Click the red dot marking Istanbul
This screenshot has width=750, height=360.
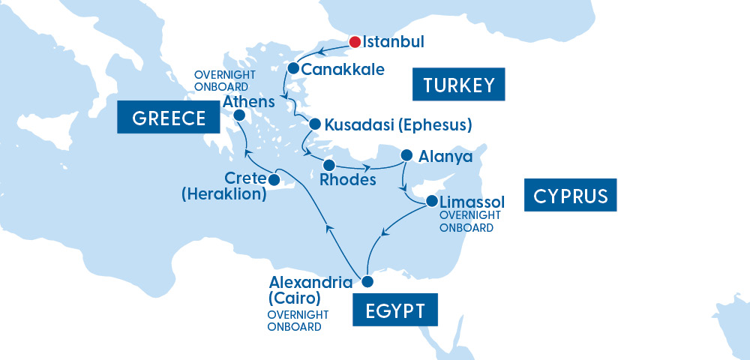coord(355,41)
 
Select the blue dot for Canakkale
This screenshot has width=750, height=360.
coord(294,69)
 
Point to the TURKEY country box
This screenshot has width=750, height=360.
coord(459,85)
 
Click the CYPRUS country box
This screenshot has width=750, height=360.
coord(570,196)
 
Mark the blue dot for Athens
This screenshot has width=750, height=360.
coord(240,115)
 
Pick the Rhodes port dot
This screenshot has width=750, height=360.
coord(328,164)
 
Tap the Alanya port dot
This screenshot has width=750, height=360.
coord(407,155)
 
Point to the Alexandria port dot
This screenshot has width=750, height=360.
coord(367,282)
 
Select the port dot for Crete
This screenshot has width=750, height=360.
coord(274,180)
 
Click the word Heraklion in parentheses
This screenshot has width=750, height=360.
coord(224,194)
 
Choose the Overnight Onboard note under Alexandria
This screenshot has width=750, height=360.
coord(295,321)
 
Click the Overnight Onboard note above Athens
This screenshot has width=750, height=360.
coord(225,80)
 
